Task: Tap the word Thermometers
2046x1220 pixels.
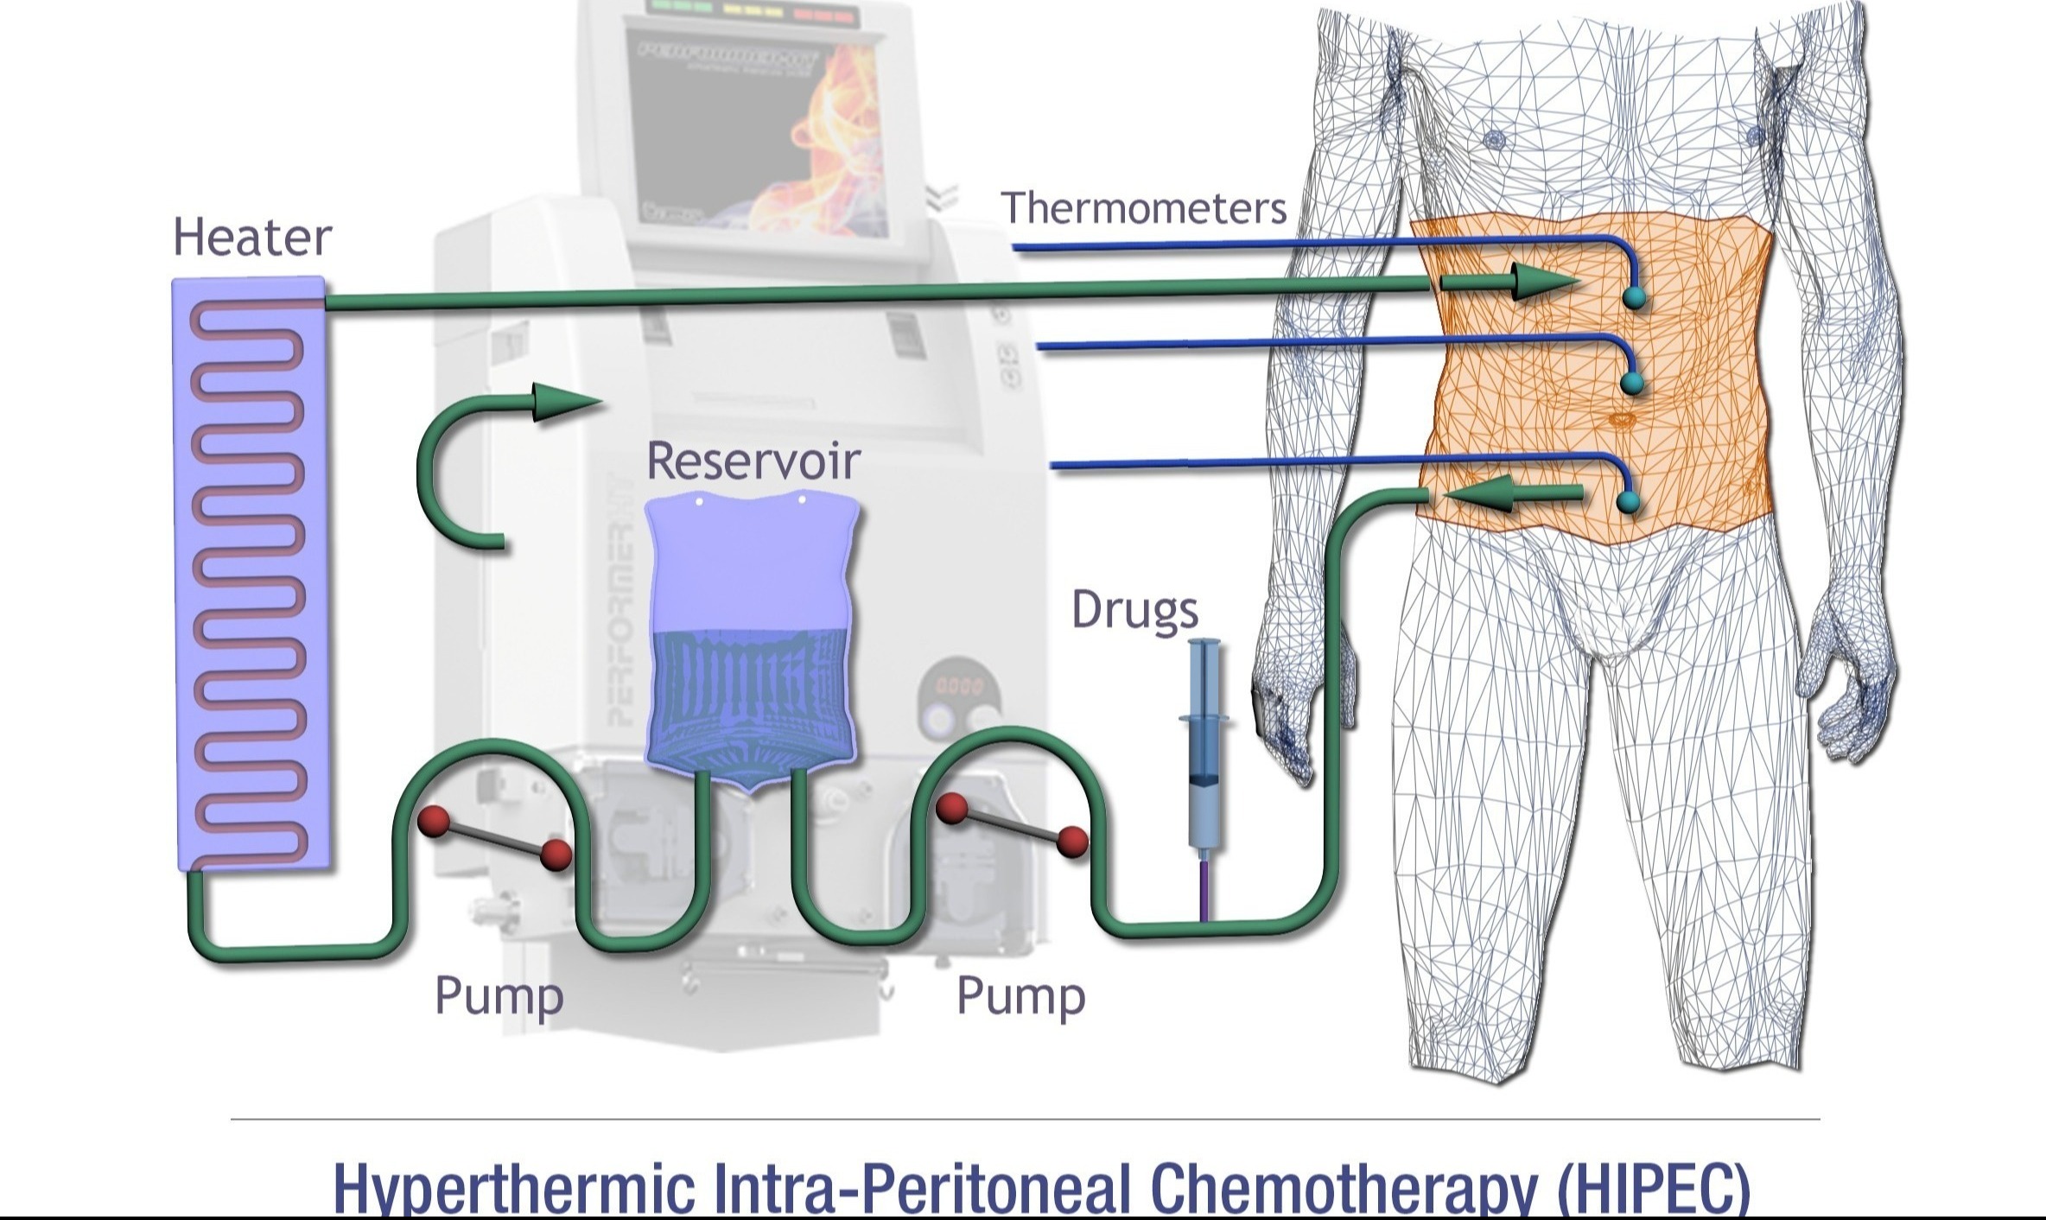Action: pyautogui.click(x=1143, y=208)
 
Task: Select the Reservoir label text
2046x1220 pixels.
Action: pyautogui.click(x=753, y=461)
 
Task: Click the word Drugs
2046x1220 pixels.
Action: pyautogui.click(x=1134, y=610)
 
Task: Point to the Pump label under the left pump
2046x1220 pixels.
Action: pyautogui.click(x=499, y=995)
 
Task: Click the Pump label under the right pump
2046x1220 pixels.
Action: pyautogui.click(x=1020, y=995)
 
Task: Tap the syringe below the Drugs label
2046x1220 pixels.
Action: pyautogui.click(x=1205, y=743)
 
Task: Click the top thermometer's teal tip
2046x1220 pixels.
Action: pyautogui.click(x=1634, y=298)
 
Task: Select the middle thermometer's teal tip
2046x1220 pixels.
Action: pyautogui.click(x=1631, y=382)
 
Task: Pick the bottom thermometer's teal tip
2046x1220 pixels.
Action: pyautogui.click(x=1628, y=502)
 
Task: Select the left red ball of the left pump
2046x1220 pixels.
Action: pyautogui.click(x=434, y=821)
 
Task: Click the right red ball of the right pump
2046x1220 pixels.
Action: pyautogui.click(x=1072, y=840)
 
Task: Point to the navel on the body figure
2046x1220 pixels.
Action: pyautogui.click(x=1622, y=420)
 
